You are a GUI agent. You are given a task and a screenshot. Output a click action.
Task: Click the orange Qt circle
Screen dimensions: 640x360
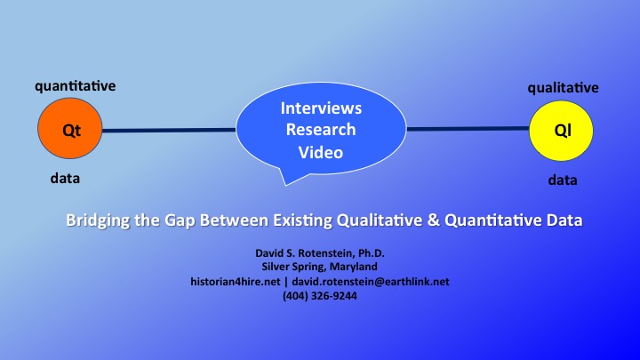[x=70, y=128]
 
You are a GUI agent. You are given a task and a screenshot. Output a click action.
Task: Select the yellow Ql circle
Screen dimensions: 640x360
[x=561, y=131]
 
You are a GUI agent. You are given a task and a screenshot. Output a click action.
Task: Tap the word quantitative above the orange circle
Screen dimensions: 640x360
[x=75, y=86]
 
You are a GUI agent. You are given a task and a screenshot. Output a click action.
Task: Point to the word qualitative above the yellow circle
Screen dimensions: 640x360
[x=563, y=88]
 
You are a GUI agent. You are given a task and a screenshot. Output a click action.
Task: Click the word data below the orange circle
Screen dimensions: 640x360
[x=65, y=179]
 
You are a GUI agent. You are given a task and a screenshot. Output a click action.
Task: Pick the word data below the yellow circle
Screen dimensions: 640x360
[x=563, y=180]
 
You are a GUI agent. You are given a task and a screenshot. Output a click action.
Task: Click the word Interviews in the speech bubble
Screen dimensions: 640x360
[x=321, y=108]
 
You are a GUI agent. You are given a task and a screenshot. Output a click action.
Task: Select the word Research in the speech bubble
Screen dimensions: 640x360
[x=321, y=130]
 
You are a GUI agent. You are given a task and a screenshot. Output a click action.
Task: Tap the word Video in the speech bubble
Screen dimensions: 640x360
[x=321, y=152]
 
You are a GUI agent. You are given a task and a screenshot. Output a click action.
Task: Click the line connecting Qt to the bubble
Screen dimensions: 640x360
[x=169, y=131]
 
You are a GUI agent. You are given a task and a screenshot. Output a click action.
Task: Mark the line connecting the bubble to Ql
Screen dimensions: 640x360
[x=468, y=129]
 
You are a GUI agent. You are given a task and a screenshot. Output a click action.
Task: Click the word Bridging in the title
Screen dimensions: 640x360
[x=98, y=220]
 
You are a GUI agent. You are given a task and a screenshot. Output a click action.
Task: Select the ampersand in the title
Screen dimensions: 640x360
[x=433, y=220]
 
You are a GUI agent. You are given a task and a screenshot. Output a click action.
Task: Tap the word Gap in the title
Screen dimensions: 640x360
[x=180, y=220]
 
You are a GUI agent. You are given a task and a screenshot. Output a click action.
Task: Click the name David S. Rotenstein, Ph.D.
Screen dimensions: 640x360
[x=320, y=253]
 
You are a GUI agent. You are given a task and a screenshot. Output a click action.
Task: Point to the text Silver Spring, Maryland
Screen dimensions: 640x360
[x=320, y=267]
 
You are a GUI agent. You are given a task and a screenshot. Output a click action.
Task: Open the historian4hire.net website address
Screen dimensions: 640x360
[x=235, y=282]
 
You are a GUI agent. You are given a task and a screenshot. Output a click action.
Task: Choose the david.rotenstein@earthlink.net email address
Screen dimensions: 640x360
[x=371, y=282]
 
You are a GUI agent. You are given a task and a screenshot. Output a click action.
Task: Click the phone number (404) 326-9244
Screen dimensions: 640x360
[x=320, y=296]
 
